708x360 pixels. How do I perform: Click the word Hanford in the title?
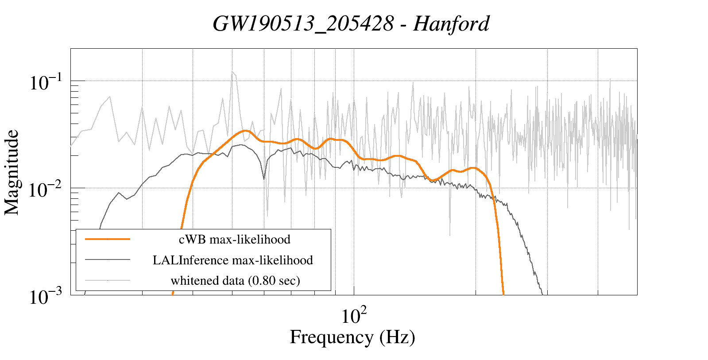[x=451, y=23]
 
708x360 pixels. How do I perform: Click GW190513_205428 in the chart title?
[x=303, y=23]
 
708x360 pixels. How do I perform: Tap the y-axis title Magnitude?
[x=12, y=172]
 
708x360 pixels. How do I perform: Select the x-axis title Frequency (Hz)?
[x=352, y=337]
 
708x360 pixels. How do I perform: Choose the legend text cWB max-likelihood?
[x=234, y=240]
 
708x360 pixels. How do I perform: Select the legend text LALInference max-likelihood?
[x=232, y=260]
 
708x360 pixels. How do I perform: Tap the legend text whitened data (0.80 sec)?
[x=235, y=281]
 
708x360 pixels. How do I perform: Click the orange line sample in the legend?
[x=108, y=239]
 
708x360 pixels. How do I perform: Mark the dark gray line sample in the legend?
[x=108, y=259]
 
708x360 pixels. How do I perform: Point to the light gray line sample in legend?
[x=108, y=280]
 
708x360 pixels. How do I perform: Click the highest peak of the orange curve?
[x=244, y=131]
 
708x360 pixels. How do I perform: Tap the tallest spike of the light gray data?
[x=232, y=72]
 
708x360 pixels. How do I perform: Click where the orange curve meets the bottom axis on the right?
[x=503, y=294]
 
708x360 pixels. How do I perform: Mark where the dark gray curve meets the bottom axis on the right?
[x=543, y=294]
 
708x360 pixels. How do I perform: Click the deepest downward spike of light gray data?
[x=450, y=235]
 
